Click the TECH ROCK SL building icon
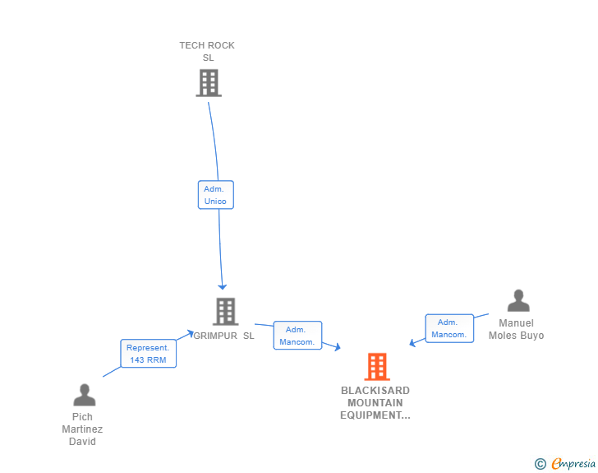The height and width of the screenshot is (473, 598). point(209,83)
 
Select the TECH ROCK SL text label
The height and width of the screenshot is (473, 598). point(207,51)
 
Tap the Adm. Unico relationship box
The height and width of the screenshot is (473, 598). point(215,195)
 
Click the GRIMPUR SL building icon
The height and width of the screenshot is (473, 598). point(226,312)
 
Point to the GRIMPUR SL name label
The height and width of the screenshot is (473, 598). point(224,336)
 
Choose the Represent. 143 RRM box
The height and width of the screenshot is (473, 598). point(148,354)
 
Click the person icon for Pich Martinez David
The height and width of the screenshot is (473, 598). point(84,396)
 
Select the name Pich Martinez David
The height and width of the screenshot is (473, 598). point(82,429)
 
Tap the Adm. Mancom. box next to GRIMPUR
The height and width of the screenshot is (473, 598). point(297,336)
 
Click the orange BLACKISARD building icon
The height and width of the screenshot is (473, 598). point(376,367)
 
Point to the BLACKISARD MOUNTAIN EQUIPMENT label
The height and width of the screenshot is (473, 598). point(375,403)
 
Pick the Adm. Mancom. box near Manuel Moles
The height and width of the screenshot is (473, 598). point(448,328)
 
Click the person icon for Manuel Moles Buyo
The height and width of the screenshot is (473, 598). point(517,301)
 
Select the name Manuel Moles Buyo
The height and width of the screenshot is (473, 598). point(516,329)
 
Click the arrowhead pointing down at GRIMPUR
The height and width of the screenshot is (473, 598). point(221,285)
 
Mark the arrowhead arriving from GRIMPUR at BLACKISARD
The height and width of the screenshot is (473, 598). point(336,347)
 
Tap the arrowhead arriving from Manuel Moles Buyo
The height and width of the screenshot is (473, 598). point(413,343)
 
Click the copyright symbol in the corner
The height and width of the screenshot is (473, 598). point(540,464)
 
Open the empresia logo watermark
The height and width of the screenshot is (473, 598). point(573,464)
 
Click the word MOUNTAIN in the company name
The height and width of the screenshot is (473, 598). point(375,403)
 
